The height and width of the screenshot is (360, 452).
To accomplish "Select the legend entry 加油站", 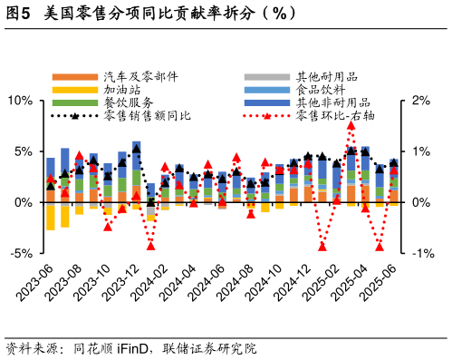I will (122, 90).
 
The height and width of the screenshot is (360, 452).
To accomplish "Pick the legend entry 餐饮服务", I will (129, 102).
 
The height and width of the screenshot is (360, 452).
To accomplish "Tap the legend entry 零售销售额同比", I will (148, 115).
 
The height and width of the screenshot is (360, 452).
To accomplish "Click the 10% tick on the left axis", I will (19, 100).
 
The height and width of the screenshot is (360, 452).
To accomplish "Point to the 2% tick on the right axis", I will (421, 100).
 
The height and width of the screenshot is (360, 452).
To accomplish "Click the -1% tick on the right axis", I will (423, 254).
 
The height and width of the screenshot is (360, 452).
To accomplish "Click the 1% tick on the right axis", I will (421, 151).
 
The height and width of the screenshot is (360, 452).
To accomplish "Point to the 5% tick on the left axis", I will (23, 151).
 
